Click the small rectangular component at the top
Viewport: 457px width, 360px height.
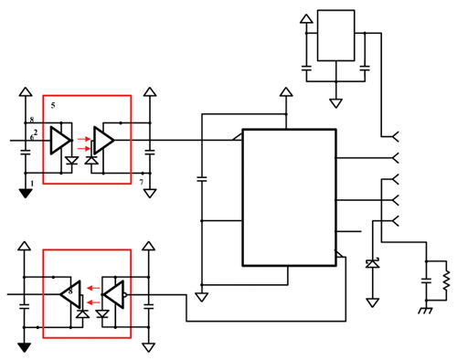(335, 36)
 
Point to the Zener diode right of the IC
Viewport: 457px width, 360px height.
(371, 263)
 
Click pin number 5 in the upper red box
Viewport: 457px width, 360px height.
(53, 104)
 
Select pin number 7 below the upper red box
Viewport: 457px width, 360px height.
(141, 184)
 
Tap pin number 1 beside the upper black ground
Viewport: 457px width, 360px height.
(33, 183)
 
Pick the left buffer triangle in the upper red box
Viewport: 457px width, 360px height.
(61, 140)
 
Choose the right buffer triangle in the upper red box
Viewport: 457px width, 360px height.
(104, 140)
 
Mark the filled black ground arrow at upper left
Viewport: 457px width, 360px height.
(24, 193)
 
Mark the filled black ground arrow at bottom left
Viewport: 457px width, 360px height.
(24, 348)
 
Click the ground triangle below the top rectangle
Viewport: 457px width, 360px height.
(335, 96)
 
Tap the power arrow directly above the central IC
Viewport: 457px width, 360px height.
(285, 93)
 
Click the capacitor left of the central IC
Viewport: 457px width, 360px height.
(203, 177)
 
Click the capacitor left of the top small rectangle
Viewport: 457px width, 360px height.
(307, 67)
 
